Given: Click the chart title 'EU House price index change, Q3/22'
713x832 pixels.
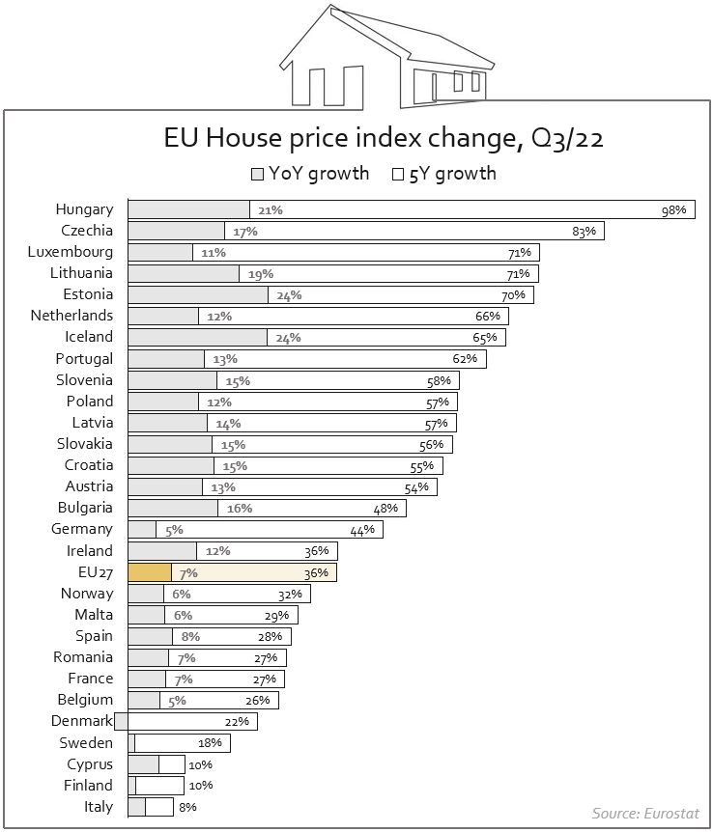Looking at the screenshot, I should (384, 139).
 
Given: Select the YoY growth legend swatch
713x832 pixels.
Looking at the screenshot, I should (257, 175).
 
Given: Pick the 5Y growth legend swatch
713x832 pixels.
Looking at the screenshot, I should (397, 175).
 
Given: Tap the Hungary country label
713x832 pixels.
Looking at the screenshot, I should (84, 209).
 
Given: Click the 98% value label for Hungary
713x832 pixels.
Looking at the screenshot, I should (673, 210).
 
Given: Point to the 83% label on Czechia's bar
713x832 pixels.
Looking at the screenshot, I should (585, 232).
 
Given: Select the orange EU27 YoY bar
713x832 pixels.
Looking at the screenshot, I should (150, 572).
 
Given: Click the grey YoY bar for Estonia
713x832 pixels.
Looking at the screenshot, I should (198, 295).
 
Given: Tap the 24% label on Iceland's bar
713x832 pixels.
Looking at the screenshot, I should (289, 338).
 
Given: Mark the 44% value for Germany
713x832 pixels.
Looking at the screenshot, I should (362, 530).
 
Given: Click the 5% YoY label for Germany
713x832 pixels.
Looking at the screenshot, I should (174, 530).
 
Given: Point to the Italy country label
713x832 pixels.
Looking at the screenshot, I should (99, 807).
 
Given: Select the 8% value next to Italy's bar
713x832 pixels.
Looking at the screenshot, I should (187, 807).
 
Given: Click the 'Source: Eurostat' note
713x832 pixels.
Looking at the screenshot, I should (645, 813).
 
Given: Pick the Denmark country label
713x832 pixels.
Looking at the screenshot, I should (82, 721).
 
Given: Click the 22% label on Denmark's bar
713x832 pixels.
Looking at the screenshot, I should (237, 722).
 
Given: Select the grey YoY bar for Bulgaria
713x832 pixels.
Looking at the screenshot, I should (173, 509).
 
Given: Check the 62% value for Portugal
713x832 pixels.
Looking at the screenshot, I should (466, 359).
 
